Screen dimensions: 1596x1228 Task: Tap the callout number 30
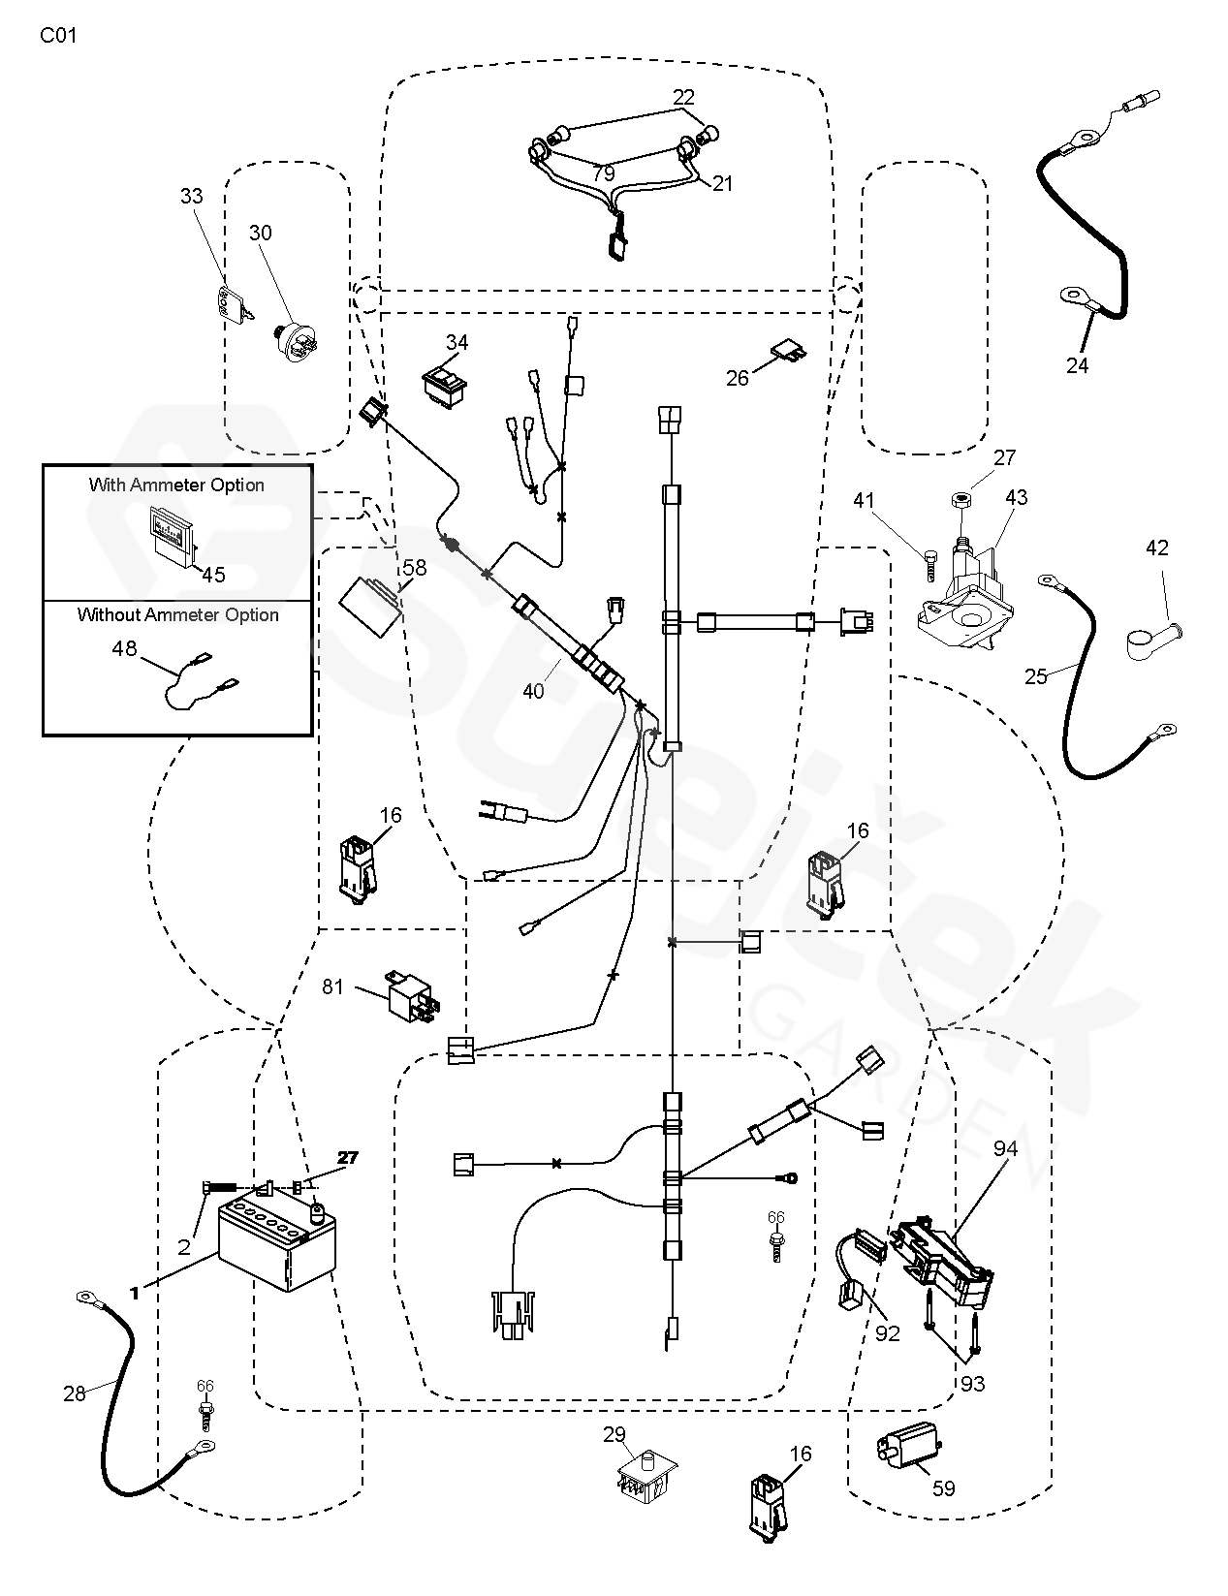[x=261, y=233]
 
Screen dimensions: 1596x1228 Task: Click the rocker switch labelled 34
[x=445, y=382]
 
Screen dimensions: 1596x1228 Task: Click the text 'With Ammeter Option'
[x=176, y=485]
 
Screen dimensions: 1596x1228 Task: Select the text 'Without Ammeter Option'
[x=178, y=614]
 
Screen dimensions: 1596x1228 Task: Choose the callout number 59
[x=943, y=1487]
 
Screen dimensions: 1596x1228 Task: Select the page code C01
[x=58, y=37]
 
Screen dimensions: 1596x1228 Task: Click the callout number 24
[x=1078, y=365]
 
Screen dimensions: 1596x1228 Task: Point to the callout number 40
[x=533, y=691]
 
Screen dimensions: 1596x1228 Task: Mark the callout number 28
[x=75, y=1393]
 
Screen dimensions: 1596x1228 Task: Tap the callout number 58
[x=415, y=569]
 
